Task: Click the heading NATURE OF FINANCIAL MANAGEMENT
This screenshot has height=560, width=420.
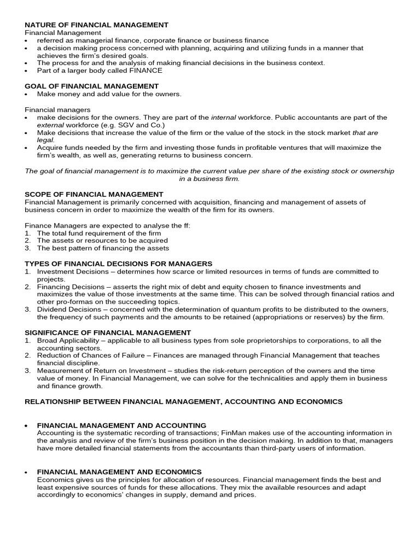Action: pos(96,25)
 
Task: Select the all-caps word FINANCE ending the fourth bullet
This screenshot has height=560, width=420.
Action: pos(144,71)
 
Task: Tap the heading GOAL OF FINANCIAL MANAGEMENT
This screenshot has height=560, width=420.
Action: pos(91,86)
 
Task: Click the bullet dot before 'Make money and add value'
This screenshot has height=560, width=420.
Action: pos(27,94)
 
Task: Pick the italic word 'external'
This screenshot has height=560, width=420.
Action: pos(50,125)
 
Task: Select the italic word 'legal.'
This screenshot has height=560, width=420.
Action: pos(46,140)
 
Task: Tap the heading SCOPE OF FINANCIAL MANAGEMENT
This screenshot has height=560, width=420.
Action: pos(94,194)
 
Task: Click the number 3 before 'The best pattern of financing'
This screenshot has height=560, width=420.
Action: pos(27,248)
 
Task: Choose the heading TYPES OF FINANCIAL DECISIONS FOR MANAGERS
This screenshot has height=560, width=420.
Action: pos(118,263)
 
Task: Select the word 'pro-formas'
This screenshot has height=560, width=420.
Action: pos(74,302)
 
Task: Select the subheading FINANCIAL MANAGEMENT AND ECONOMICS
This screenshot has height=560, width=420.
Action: pos(119,471)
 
